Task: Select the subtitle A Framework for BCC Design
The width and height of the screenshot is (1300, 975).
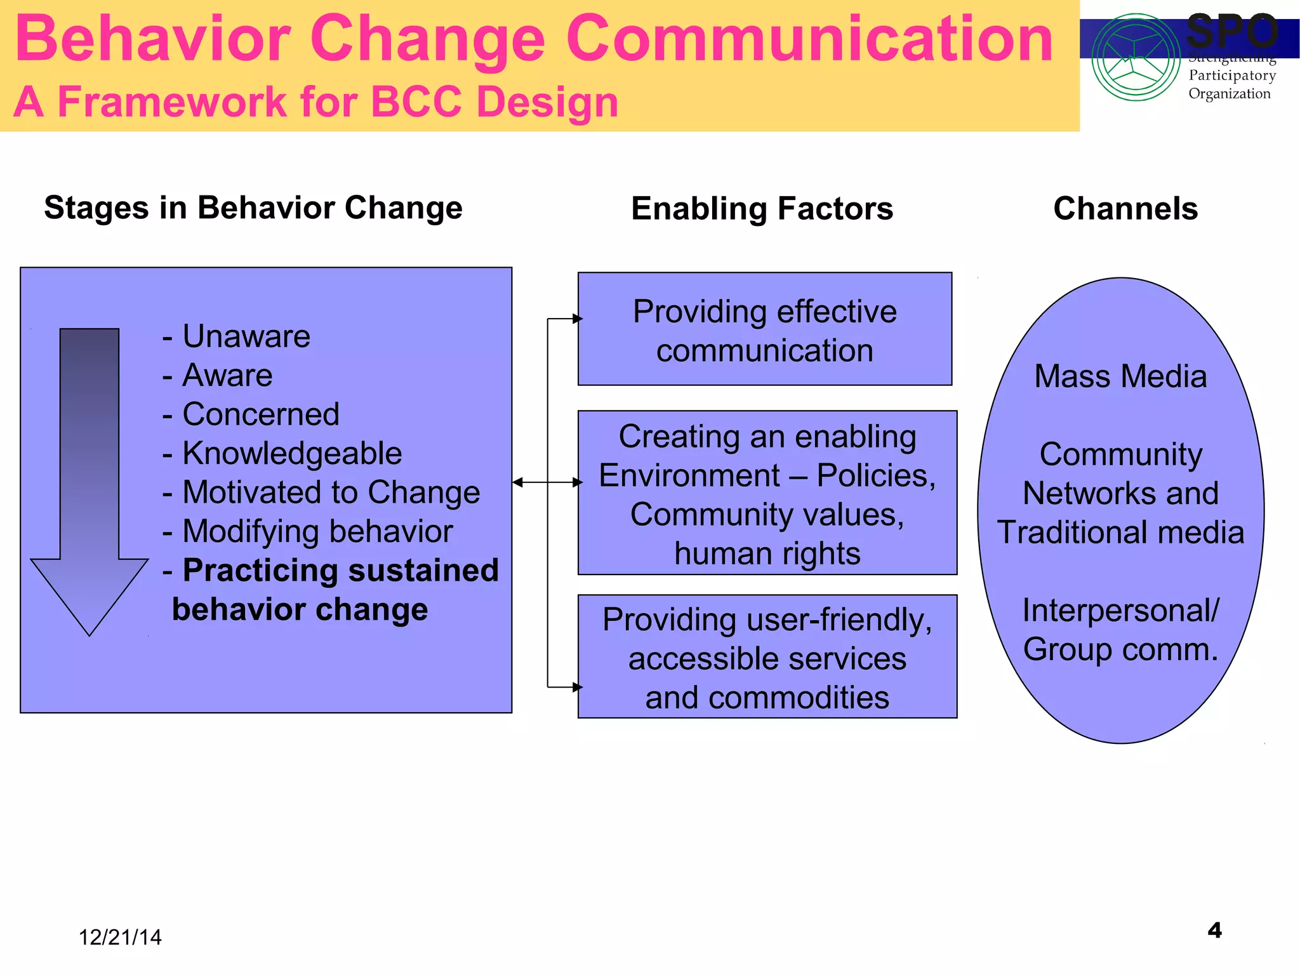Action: [x=315, y=102]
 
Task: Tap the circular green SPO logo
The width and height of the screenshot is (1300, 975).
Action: [x=1136, y=58]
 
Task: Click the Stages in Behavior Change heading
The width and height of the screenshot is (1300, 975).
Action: [x=253, y=208]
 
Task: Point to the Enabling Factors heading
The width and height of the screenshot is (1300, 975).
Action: [x=762, y=209]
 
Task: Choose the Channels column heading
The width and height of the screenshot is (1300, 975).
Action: [x=1125, y=209]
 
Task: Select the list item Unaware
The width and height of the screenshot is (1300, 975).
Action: [x=246, y=336]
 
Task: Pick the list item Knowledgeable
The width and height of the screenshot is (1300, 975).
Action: [x=291, y=453]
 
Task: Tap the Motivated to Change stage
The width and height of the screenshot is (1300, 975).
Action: [x=330, y=493]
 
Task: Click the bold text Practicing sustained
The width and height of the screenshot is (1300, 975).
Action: [x=340, y=570]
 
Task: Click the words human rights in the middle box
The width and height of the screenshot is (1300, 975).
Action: [x=767, y=554]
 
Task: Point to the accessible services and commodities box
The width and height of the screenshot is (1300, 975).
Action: [x=767, y=658]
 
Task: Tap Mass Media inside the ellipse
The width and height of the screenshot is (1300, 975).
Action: [x=1120, y=376]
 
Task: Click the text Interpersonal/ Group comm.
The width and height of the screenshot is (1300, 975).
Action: [x=1120, y=630]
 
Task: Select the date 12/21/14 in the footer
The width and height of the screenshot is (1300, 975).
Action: [x=120, y=938]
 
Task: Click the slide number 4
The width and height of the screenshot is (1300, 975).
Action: [x=1214, y=931]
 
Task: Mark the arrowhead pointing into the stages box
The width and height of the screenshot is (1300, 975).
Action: [x=518, y=482]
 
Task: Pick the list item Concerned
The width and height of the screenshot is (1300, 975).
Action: [x=260, y=415]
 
